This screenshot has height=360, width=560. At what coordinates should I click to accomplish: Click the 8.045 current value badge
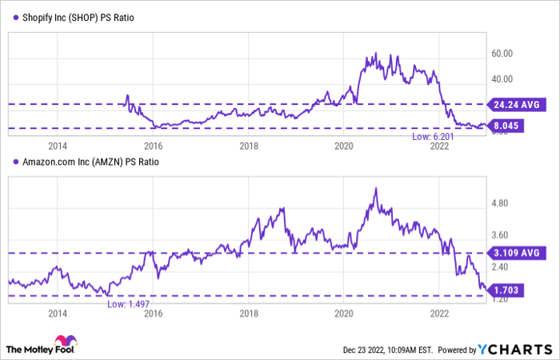click(x=509, y=126)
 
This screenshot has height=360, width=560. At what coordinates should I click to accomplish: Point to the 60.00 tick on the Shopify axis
click(x=502, y=54)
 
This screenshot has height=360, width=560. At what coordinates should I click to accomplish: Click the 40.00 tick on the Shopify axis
click(x=502, y=79)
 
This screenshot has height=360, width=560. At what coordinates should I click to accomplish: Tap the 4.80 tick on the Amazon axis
click(x=500, y=204)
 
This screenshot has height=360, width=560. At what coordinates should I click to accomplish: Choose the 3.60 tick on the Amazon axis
click(x=500, y=235)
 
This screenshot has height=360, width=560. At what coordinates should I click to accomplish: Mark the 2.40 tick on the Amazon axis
click(x=500, y=267)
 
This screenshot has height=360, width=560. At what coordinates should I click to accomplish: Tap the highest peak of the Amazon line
click(x=375, y=190)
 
